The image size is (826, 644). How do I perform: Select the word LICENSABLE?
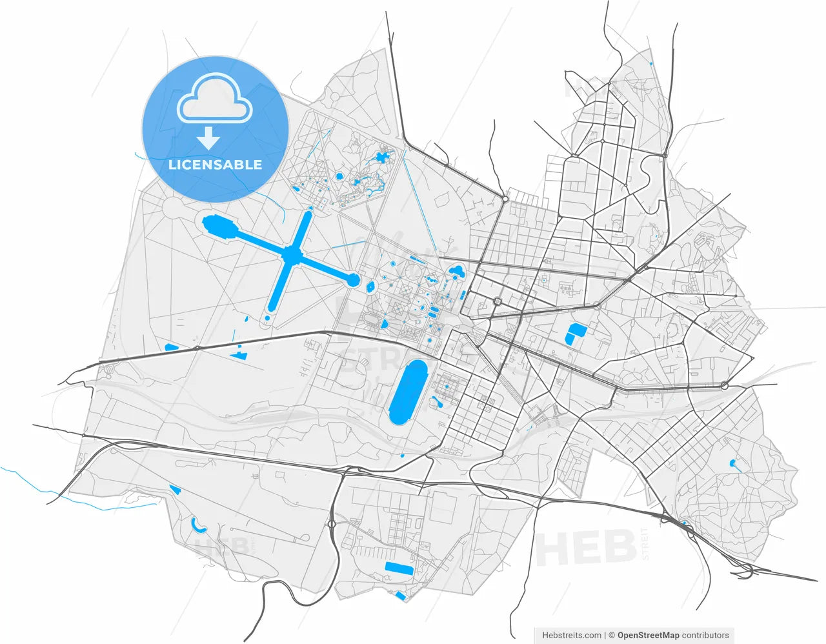click(215, 165)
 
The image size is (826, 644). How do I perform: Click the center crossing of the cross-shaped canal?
click(293, 256)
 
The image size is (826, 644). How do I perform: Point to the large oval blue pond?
click(408, 392)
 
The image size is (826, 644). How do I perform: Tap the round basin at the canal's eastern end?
click(353, 279)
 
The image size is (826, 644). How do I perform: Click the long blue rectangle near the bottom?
click(399, 569)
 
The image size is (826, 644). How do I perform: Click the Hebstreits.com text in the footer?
click(571, 636)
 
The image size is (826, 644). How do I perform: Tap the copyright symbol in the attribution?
click(612, 636)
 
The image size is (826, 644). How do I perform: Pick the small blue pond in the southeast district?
click(732, 463)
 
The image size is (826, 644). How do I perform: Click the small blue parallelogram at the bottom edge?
click(401, 596)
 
